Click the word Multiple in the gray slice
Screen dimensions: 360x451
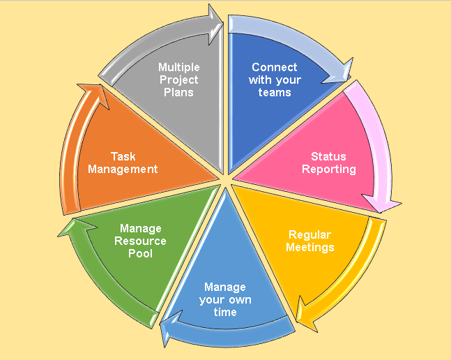click(178, 68)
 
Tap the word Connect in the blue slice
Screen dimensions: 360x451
click(275, 68)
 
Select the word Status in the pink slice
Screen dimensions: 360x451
click(328, 156)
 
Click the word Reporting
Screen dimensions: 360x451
click(329, 169)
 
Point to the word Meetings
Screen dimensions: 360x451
click(310, 247)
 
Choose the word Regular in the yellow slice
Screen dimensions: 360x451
click(310, 234)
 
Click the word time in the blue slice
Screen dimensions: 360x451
click(225, 312)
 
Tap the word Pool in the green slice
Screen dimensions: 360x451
click(140, 253)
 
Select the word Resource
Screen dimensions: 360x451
click(140, 241)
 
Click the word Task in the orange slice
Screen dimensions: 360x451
click(124, 156)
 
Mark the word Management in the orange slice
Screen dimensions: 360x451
click(124, 169)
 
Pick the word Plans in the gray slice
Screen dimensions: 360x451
click(178, 93)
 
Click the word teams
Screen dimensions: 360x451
click(275, 93)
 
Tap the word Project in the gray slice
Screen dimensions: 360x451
click(178, 80)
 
